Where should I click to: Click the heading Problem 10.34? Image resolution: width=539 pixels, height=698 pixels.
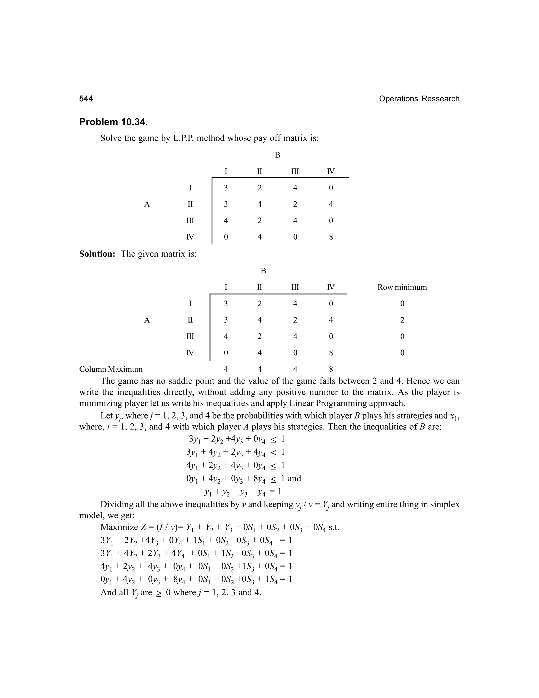(x=113, y=122)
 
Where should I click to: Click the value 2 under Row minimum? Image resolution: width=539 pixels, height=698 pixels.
(x=402, y=320)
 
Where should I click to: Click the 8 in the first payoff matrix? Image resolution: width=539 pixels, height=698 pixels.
(x=331, y=237)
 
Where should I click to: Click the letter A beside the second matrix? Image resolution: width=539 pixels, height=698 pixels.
(x=147, y=320)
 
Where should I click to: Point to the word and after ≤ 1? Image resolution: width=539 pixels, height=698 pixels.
(x=295, y=478)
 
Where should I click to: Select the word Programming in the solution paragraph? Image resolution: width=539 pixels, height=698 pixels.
(x=342, y=403)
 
